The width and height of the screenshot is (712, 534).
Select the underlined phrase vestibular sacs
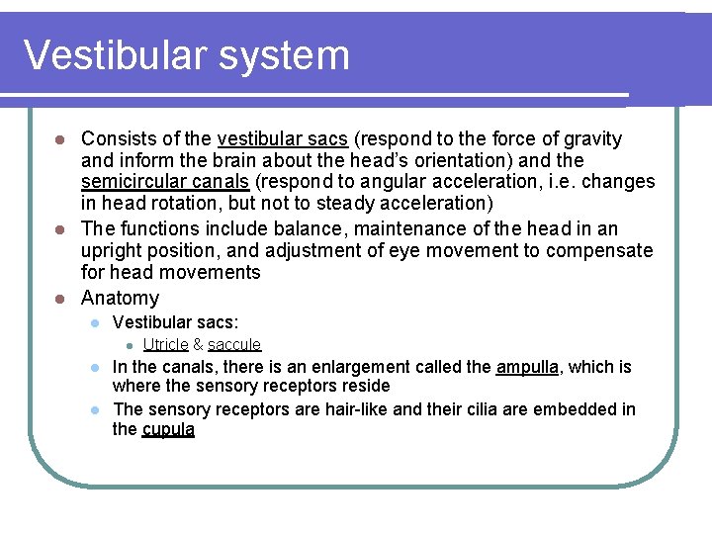tap(276, 139)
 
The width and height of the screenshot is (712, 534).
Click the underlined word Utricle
tap(165, 344)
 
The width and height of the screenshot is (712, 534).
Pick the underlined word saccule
tap(234, 344)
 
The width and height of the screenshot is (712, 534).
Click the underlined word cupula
tap(168, 430)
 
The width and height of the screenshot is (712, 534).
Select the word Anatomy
tap(120, 299)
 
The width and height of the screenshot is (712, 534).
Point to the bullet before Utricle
tap(128, 345)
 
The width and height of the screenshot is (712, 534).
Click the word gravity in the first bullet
tap(590, 139)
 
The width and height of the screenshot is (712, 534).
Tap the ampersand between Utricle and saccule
tap(198, 344)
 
